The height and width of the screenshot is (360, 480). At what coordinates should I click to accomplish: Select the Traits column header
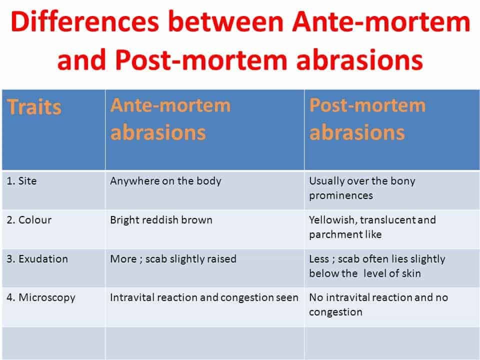pos(34,107)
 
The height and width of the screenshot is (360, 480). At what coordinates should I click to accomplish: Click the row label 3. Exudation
pos(37,259)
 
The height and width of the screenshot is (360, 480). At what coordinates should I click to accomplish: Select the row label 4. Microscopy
pos(41,297)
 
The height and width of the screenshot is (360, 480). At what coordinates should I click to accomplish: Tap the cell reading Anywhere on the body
pos(165,181)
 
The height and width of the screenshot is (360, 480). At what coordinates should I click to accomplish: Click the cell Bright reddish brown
pos(161,220)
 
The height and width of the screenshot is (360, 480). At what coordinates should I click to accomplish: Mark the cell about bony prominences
pos(362,188)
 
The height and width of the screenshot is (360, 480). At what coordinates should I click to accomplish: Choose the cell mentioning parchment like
pos(372,227)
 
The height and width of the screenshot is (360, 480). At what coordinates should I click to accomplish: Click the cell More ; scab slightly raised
pos(173,259)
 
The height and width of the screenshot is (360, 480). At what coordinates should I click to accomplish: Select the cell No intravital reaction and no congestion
pos(378,304)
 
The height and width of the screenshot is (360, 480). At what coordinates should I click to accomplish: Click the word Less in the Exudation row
pos(318,259)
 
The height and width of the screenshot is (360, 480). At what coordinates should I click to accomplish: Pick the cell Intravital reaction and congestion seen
pos(204,297)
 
